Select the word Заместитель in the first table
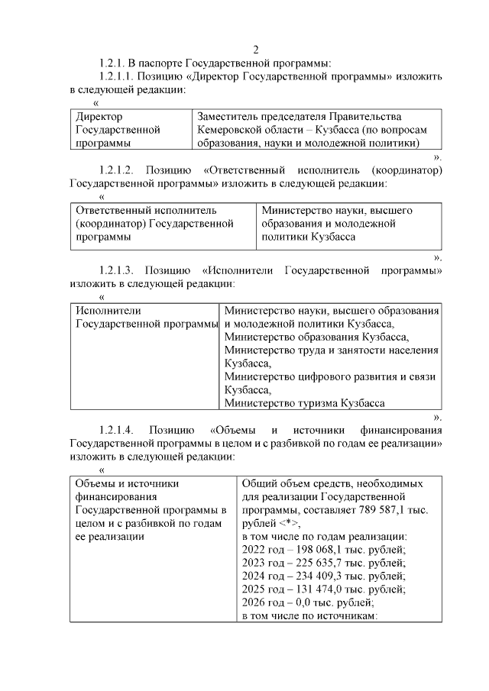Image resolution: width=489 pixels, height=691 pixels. (228, 117)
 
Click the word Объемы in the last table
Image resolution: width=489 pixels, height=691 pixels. (96, 483)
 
